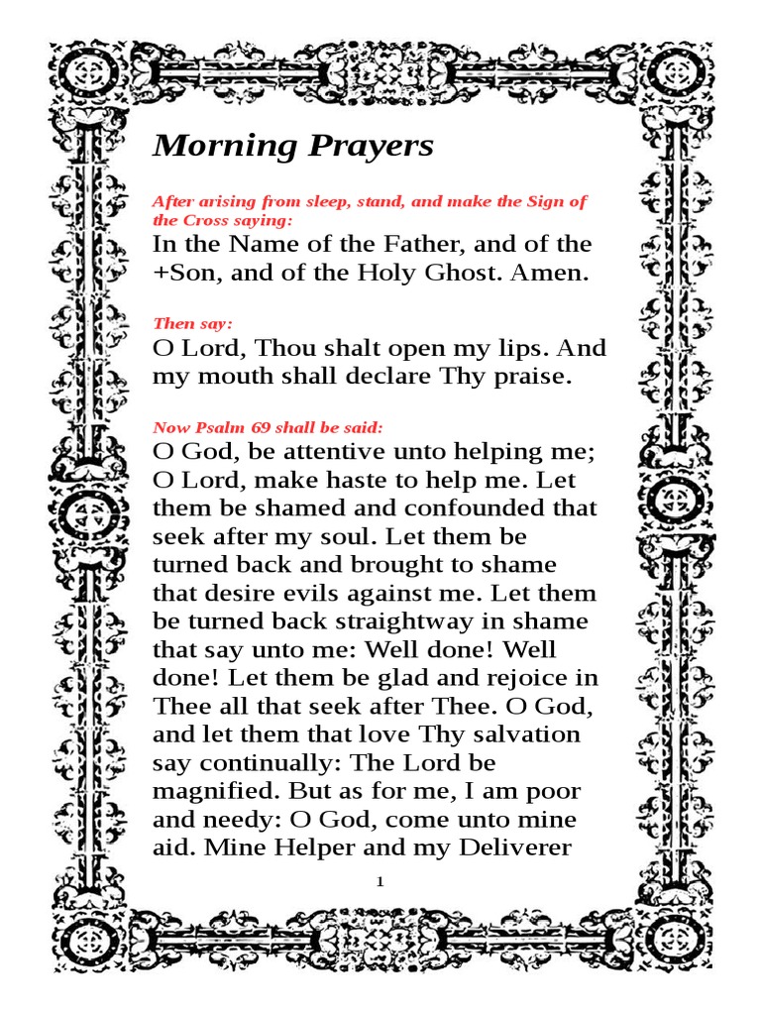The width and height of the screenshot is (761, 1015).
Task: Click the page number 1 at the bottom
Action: (380, 881)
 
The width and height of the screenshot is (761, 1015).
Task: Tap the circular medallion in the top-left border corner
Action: (82, 75)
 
